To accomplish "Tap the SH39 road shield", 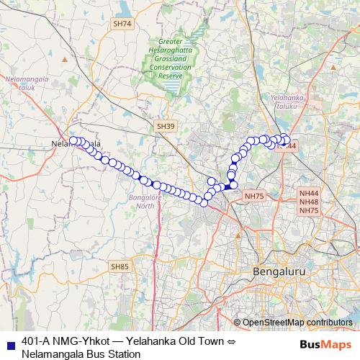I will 166,126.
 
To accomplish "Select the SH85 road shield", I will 120,266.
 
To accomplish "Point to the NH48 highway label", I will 309,202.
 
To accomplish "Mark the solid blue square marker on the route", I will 228,186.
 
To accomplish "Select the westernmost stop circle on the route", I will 73,140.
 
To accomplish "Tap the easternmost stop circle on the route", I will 287,140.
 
